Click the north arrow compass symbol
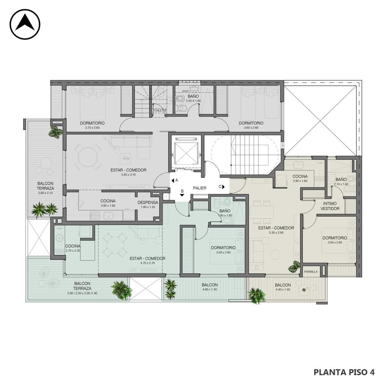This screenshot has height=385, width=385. (x=25, y=24)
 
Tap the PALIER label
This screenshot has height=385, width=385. (x=199, y=188)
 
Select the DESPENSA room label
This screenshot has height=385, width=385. (x=148, y=203)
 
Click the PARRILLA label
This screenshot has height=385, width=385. (x=310, y=272)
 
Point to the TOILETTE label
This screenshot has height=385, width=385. (x=160, y=111)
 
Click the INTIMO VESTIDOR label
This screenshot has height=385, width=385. (x=330, y=206)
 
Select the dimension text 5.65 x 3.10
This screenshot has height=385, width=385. (x=128, y=175)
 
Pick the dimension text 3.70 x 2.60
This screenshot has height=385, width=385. (x=92, y=128)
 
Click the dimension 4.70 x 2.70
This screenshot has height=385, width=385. (x=148, y=263)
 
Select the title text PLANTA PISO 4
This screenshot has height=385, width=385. (x=344, y=372)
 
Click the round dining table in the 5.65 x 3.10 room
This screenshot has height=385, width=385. (x=87, y=157)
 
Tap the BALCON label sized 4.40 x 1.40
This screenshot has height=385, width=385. (x=282, y=285)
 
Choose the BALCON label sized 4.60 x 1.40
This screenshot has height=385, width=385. (x=209, y=285)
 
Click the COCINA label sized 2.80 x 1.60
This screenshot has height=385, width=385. (x=300, y=176)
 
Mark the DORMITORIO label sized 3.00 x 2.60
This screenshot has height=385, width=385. (x=335, y=238)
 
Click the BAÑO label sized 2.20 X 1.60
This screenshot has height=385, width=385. (x=193, y=96)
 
